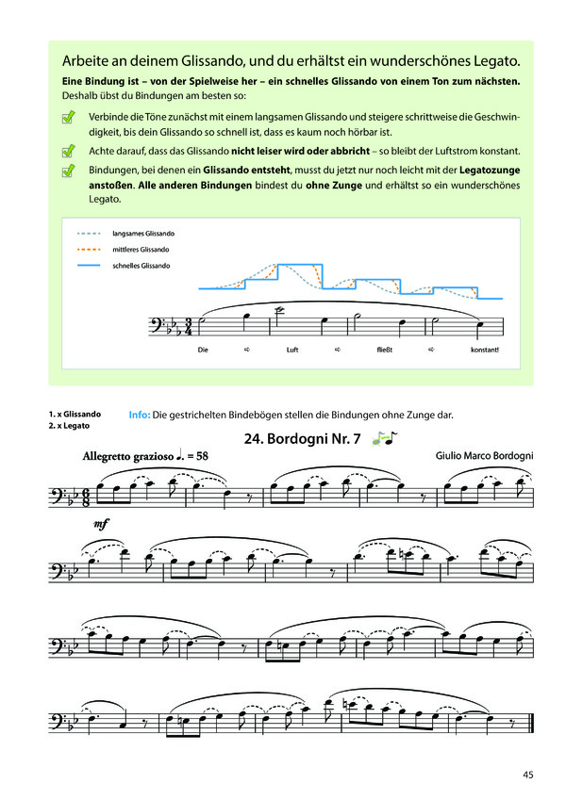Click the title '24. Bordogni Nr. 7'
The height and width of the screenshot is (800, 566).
(x=302, y=438)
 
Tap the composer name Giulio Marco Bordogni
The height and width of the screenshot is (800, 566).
(x=484, y=456)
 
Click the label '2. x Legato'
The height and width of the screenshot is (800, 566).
(x=68, y=426)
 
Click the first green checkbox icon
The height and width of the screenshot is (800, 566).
(x=68, y=118)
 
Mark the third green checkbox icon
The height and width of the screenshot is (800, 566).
(x=68, y=171)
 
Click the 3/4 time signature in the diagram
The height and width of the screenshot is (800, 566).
(x=189, y=326)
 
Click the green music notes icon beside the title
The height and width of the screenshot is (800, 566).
(x=385, y=437)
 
